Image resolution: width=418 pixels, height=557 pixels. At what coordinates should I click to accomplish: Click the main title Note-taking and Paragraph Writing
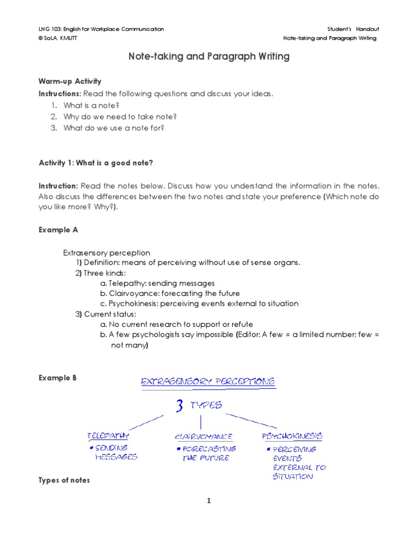[208, 56]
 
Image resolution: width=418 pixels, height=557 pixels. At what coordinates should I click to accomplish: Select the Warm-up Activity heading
[70, 81]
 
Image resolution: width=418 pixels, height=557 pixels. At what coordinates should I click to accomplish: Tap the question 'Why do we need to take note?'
[120, 116]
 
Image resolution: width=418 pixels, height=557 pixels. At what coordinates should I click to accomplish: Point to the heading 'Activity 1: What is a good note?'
[100, 163]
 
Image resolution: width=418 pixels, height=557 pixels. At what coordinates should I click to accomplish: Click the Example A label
[58, 230]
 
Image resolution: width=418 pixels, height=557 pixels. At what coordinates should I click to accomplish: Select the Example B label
[58, 378]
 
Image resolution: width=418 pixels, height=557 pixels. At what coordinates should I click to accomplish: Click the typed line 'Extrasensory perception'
[107, 253]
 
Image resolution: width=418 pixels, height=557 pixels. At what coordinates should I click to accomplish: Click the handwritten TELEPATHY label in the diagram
[108, 436]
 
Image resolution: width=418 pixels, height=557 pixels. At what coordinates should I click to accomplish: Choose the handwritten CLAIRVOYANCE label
[204, 437]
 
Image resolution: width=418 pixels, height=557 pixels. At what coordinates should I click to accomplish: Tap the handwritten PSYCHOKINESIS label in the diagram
[292, 436]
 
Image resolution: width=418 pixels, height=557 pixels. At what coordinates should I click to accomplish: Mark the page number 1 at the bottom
[208, 501]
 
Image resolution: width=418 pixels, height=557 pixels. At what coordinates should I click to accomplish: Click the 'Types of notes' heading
[64, 480]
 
